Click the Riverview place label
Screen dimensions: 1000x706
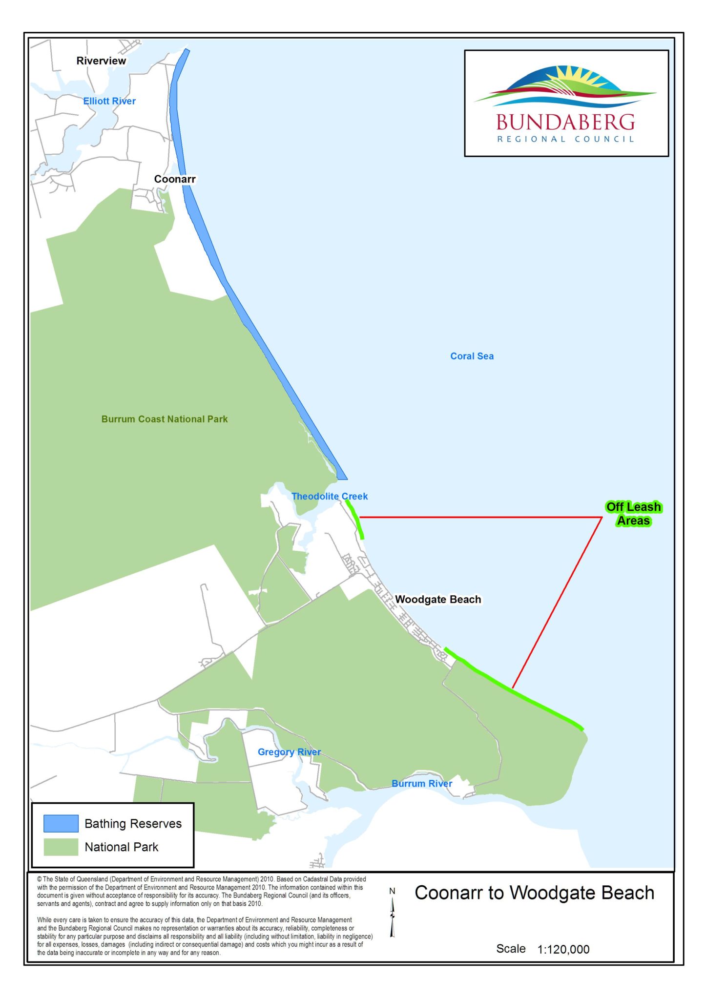101,61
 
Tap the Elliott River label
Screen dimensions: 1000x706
109,101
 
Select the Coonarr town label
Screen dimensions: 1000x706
175,179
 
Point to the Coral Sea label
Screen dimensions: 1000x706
472,356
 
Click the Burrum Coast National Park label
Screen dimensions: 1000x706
165,419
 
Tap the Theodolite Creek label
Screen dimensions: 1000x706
330,496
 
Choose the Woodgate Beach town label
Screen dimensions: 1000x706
437,599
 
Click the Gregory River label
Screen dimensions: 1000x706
289,752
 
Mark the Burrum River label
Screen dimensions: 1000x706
422,783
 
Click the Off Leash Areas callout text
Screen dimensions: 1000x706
633,514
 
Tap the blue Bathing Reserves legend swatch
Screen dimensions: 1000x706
61,823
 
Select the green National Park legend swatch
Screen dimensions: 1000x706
61,847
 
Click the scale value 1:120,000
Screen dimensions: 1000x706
563,949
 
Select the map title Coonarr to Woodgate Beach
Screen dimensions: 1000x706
534,893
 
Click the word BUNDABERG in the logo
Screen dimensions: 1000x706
565,122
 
